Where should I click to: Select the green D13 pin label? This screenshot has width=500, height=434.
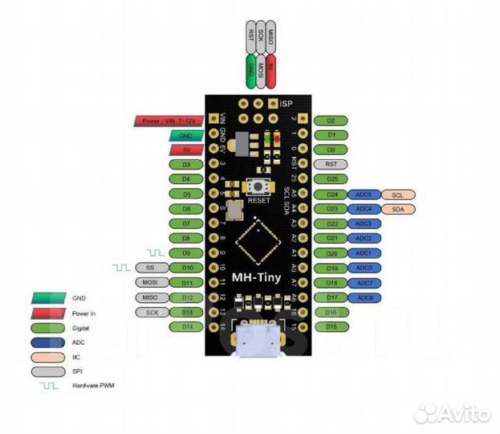pos(185,311)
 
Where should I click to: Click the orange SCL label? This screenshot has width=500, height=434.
pos(399,194)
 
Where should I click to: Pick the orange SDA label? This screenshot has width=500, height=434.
pos(399,209)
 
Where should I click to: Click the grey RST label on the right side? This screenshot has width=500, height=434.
pos(331,164)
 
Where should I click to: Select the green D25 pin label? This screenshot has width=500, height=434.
pos(331,178)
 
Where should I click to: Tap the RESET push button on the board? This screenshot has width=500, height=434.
pos(258,186)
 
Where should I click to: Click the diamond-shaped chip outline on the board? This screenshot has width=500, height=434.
pos(258,240)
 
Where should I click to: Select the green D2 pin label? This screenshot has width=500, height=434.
pos(331,121)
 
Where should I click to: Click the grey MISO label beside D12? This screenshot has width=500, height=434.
pos(150,297)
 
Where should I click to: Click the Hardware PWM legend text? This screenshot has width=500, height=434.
pos(95,386)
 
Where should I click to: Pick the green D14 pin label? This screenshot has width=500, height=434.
pos(185,326)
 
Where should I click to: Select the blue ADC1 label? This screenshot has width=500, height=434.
pos(364,253)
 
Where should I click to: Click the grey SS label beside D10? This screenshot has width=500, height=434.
pos(150,268)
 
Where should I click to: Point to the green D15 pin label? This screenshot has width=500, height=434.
pos(331,326)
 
